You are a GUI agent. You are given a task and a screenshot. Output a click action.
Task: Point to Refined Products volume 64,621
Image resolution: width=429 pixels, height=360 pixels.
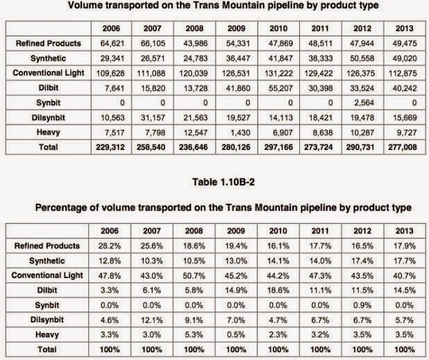(x=108, y=43)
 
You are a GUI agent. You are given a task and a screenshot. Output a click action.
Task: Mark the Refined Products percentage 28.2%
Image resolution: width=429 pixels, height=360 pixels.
(x=108, y=245)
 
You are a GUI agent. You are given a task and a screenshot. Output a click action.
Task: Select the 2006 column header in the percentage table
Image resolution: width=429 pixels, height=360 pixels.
(x=108, y=231)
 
